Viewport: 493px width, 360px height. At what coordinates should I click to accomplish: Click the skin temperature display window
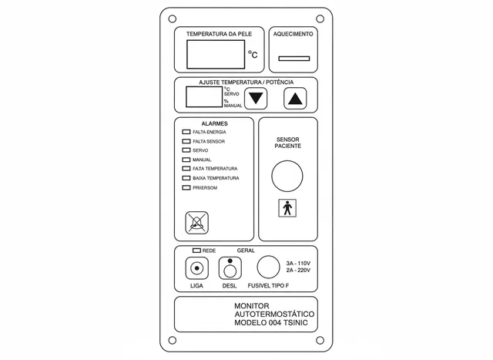pos(216,55)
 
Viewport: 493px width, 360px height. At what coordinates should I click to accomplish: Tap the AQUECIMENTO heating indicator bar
pos(294,59)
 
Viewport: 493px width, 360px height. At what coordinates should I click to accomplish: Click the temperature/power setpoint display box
pos(204,97)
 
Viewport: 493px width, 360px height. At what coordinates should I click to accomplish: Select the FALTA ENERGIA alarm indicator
pos(186,132)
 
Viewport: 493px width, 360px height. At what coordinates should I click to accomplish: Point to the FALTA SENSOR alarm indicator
pos(186,141)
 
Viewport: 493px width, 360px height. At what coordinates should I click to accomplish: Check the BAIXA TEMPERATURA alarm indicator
pos(186,178)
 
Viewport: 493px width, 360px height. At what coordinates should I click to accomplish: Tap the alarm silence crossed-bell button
pos(197,223)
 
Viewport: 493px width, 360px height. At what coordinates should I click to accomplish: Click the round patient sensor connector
pos(287,176)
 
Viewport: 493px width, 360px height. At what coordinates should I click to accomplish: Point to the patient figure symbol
pos(287,208)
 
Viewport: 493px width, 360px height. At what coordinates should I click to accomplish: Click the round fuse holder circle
pos(268,267)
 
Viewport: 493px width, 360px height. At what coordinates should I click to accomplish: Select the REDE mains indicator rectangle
pos(196,251)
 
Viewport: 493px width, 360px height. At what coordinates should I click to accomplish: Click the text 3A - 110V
pos(298,264)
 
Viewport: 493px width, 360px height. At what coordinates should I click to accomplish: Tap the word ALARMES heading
pos(214,123)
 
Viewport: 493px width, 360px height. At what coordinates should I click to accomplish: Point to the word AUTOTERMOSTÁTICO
pos(274,314)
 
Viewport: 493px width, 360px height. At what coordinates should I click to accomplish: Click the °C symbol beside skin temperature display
pos(253,55)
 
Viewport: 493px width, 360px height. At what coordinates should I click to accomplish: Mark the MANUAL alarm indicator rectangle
pos(186,160)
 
